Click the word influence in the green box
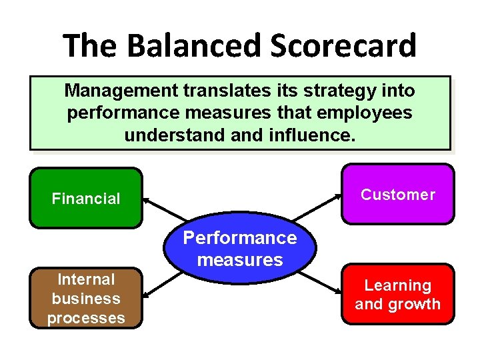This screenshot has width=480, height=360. (315, 135)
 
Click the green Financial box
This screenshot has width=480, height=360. (86, 198)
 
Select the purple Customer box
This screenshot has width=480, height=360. (397, 195)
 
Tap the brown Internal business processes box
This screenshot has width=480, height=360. (86, 299)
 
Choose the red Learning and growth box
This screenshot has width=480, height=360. (397, 295)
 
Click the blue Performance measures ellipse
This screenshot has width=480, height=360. (240, 249)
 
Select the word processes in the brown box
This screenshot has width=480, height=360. (86, 318)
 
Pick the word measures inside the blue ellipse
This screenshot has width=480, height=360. (240, 260)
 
